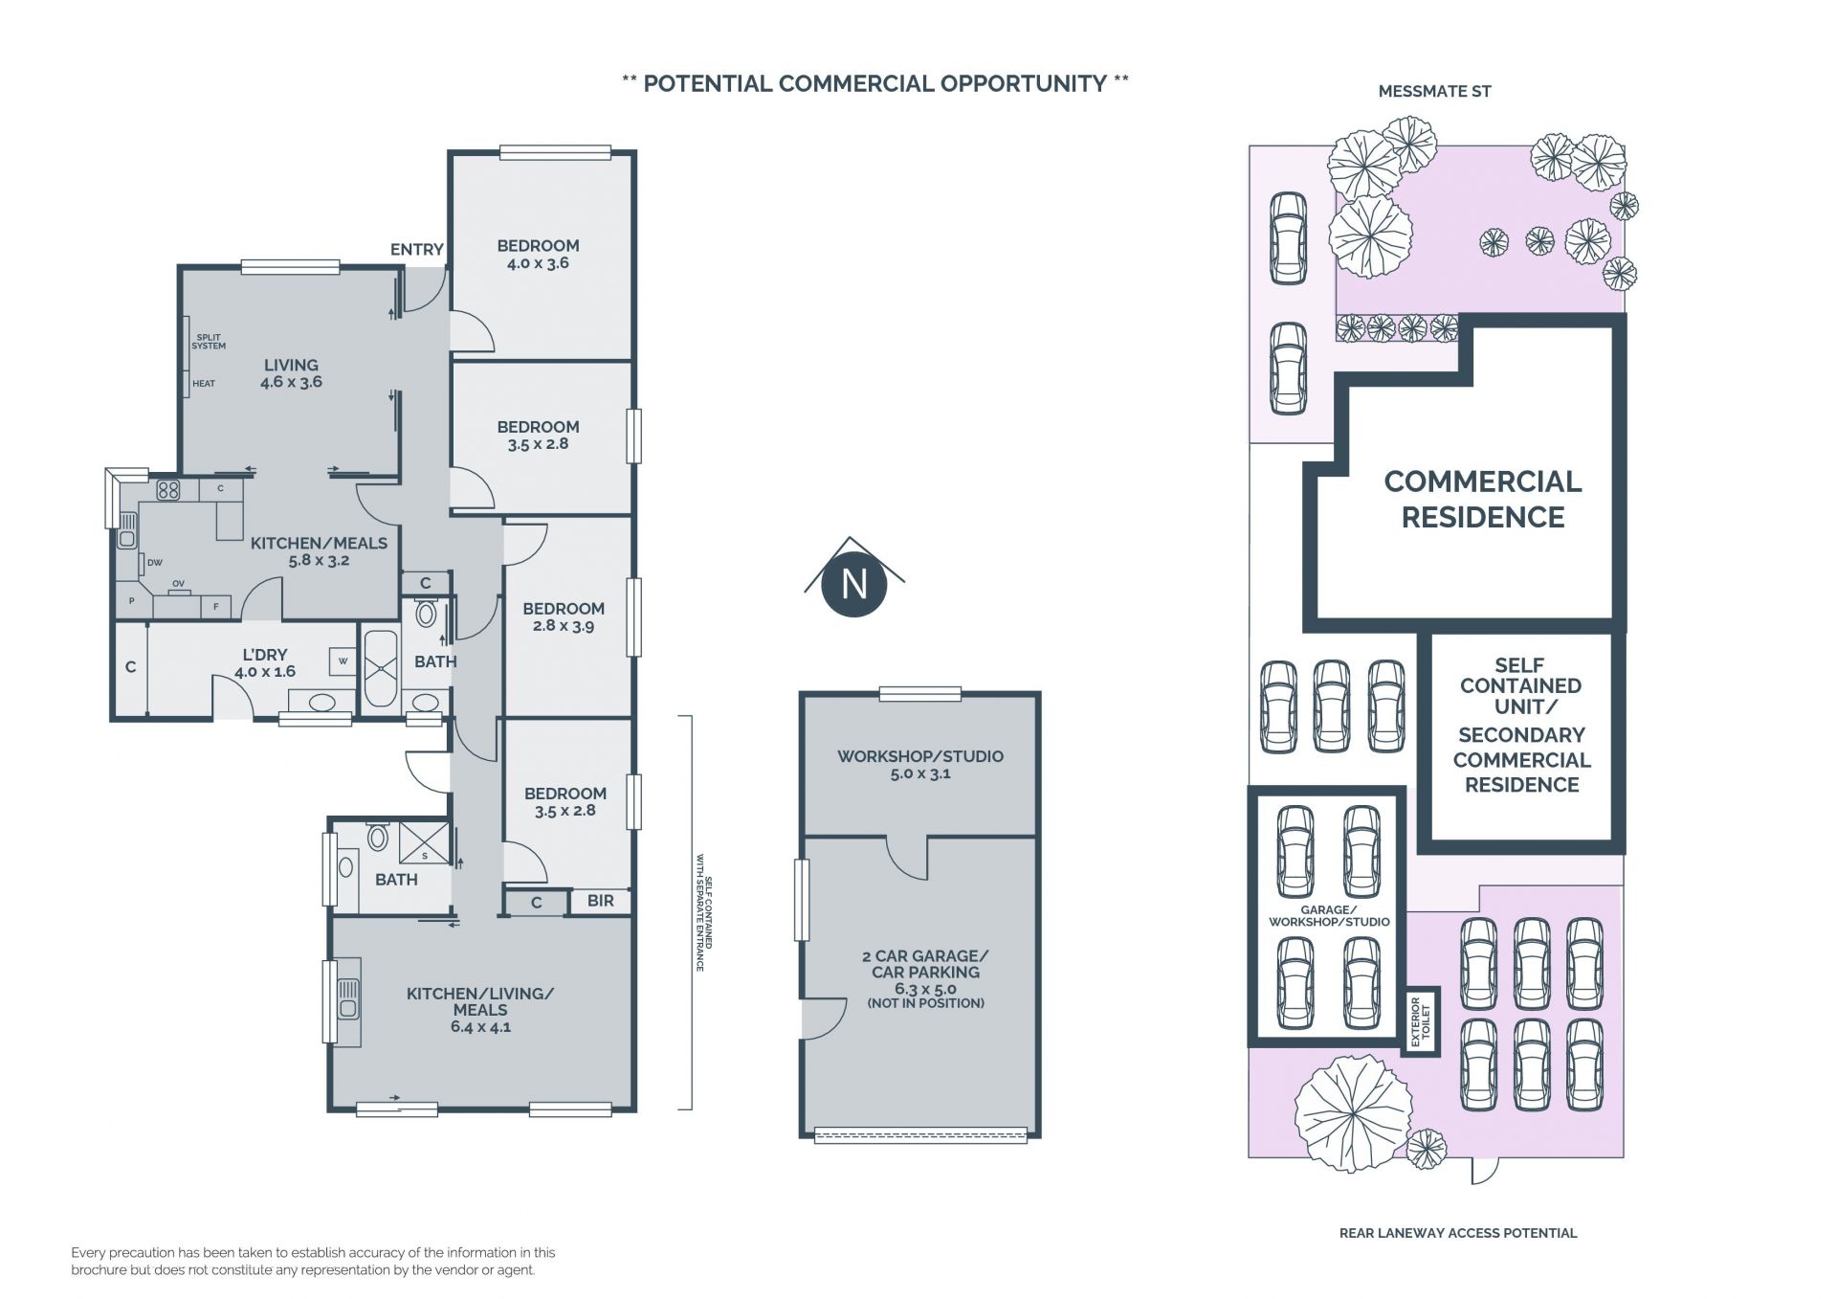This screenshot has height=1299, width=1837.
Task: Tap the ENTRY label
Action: coord(417,249)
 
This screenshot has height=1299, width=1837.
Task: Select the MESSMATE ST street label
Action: coord(1434,91)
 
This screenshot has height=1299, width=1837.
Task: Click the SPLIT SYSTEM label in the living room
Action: coord(209,342)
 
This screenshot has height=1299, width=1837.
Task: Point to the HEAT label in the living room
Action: coord(204,384)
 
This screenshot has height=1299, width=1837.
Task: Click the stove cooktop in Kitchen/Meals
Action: coord(168,490)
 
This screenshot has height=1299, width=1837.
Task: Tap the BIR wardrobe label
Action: coord(601,901)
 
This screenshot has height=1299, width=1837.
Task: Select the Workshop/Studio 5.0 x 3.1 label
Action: coord(920,764)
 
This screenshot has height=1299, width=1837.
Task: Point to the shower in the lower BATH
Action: coord(424,843)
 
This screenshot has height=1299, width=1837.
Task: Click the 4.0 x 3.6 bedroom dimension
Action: coord(538,263)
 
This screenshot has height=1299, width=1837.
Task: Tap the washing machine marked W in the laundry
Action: coord(343,661)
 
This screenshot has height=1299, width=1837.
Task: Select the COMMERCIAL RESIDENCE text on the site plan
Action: coord(1483,499)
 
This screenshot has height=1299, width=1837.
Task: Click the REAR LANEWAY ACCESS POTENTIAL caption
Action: coord(1458,1233)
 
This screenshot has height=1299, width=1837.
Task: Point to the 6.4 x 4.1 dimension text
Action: coord(480,1027)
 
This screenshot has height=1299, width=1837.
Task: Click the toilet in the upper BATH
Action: coord(426,613)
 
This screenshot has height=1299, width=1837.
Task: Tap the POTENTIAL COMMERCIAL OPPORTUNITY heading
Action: coord(874,83)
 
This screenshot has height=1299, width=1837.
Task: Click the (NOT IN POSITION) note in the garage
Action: coord(925,1003)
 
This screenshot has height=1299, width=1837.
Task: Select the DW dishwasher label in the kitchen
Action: coord(155,563)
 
